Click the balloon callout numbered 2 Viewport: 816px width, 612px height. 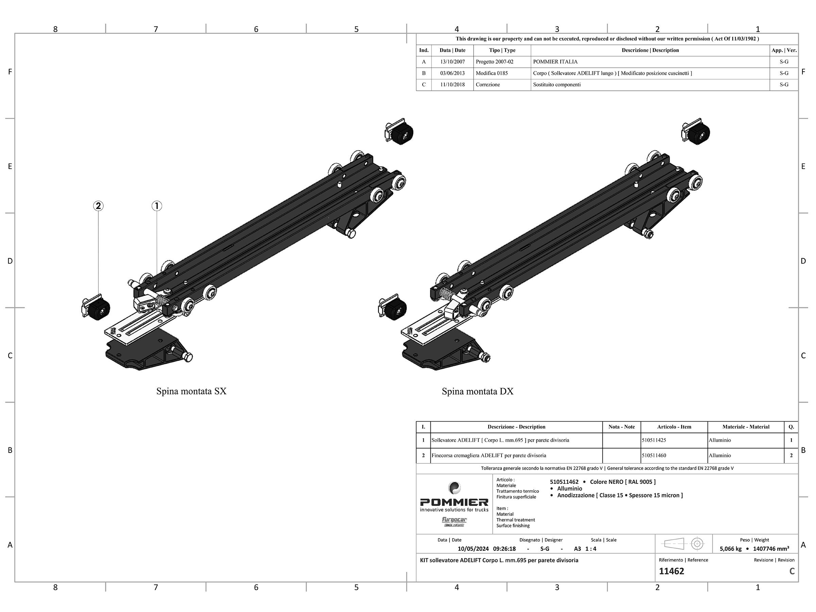[x=98, y=206]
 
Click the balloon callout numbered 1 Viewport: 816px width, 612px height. [x=157, y=206]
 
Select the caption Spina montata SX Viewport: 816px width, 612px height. [x=191, y=391]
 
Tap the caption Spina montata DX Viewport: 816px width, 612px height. [x=478, y=391]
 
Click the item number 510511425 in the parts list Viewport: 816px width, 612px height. [x=654, y=440]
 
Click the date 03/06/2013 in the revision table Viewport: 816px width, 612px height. [x=452, y=73]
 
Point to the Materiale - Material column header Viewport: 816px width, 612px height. [x=746, y=427]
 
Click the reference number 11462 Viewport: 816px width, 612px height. [x=671, y=571]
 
